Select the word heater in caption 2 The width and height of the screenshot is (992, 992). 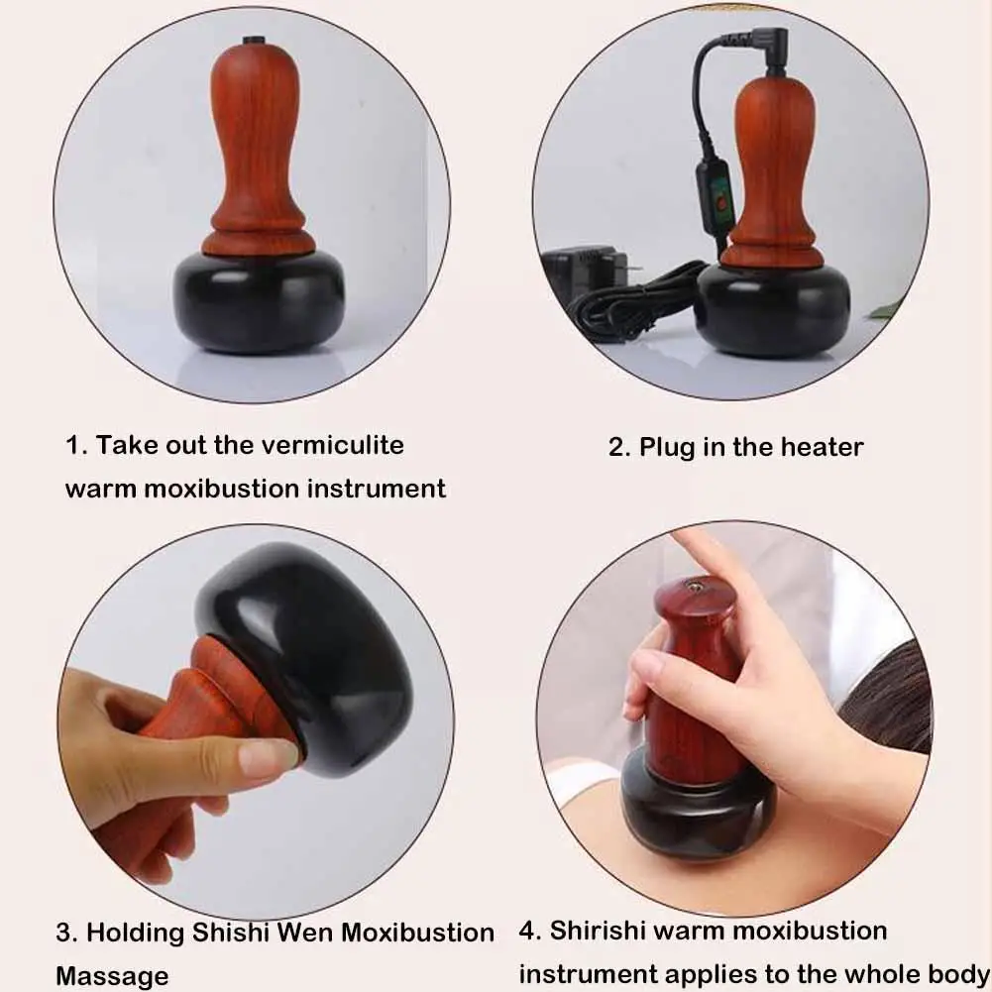(822, 447)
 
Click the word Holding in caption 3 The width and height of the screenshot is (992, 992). (135, 933)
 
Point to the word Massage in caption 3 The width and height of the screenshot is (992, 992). (112, 976)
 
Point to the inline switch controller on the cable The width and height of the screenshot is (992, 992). (717, 203)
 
